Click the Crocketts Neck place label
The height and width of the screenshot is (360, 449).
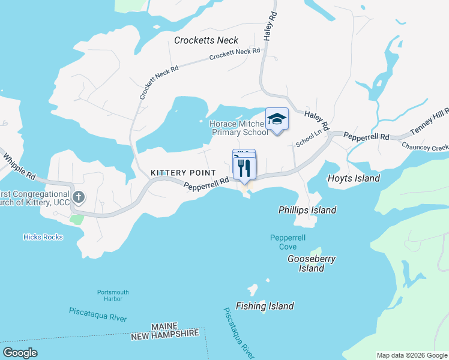(206, 40)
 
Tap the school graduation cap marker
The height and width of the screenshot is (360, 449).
(277, 118)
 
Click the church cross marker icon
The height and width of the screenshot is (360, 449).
(78, 197)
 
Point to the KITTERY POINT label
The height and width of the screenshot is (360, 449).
(178, 173)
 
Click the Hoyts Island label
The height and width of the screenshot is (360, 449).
(354, 178)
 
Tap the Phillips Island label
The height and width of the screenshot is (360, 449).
(307, 210)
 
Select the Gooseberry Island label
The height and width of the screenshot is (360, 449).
(311, 263)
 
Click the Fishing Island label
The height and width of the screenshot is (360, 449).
(265, 306)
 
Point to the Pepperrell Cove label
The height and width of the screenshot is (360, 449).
(283, 242)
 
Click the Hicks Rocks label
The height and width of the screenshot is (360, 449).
(43, 237)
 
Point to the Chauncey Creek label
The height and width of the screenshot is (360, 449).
(425, 146)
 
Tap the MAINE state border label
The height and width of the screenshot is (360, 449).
(164, 326)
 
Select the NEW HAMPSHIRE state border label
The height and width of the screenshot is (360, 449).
(164, 334)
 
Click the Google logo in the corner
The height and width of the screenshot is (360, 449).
(20, 353)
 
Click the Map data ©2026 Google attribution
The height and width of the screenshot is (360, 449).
(411, 355)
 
